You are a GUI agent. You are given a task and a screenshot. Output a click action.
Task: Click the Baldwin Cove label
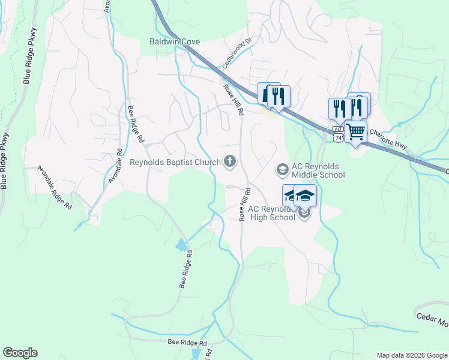(x=174, y=42)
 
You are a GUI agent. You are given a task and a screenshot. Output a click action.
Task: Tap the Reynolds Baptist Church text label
(x=175, y=162)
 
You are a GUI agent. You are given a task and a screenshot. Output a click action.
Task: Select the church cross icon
(x=229, y=160)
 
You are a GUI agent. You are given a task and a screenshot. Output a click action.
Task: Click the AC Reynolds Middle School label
(x=318, y=170)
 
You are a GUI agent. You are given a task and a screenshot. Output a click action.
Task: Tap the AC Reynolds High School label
(x=272, y=213)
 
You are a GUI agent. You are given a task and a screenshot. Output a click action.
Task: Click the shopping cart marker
(x=356, y=131)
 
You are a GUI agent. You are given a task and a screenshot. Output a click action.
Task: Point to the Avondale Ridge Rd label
(x=55, y=187)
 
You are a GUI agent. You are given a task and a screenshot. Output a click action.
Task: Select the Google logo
(x=20, y=353)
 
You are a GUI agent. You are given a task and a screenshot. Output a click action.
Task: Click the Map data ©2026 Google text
(x=411, y=355)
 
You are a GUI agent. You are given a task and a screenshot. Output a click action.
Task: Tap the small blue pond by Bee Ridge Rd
(x=181, y=245)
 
